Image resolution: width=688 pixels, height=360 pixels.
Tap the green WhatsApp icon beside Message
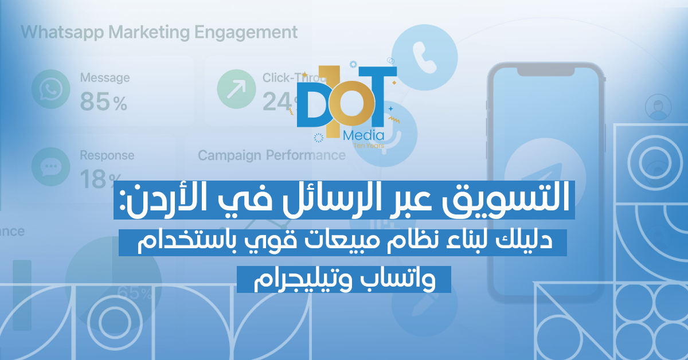coord(49,89)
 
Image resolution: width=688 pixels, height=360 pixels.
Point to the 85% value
coord(104,102)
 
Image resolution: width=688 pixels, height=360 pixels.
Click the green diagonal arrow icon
coord(236,89)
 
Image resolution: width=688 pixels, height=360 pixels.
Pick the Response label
coord(107,155)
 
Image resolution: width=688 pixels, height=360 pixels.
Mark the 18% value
coord(104,179)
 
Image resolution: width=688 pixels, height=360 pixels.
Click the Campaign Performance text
coord(271,155)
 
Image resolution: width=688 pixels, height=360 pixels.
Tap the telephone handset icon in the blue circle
coord(426,57)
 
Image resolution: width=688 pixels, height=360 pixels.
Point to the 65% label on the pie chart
coord(134,293)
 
